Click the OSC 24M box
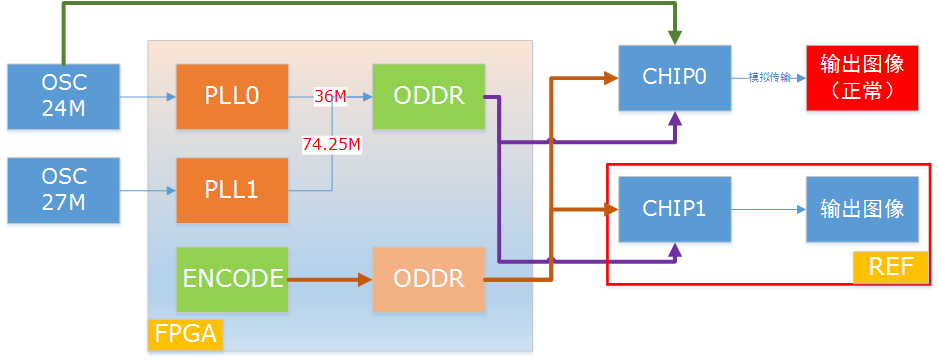64,97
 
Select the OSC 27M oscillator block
64,189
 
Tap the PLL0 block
232,97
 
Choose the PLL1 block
232,189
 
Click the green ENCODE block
232,279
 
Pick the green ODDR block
428,97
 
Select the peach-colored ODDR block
428,279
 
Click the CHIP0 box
675,77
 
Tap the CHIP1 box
675,209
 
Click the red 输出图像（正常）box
862,77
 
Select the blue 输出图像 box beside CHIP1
862,209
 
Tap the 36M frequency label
330,97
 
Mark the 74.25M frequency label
331,144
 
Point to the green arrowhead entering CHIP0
676,37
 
